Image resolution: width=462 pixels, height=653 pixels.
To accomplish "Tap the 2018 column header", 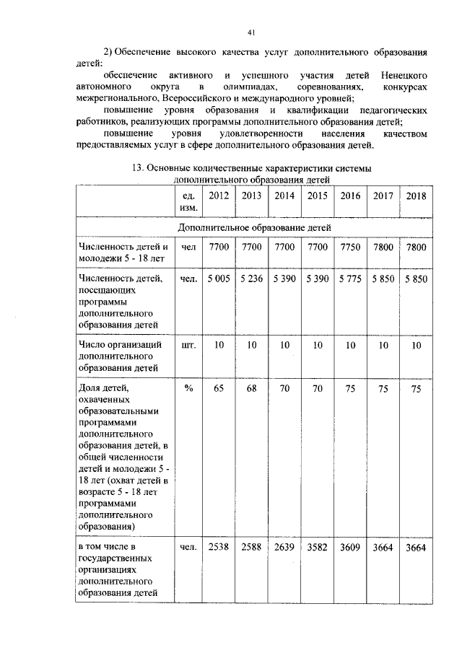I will (415, 196).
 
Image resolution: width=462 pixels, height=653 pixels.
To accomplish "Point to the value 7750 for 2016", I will (350, 247).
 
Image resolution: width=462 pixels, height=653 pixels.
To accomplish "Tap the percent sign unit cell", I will (188, 387).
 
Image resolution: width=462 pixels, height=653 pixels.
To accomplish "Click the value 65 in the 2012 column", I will (218, 387).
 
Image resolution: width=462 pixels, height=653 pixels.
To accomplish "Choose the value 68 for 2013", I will (251, 387).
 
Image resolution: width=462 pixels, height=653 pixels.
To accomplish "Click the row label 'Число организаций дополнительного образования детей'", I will (118, 356).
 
